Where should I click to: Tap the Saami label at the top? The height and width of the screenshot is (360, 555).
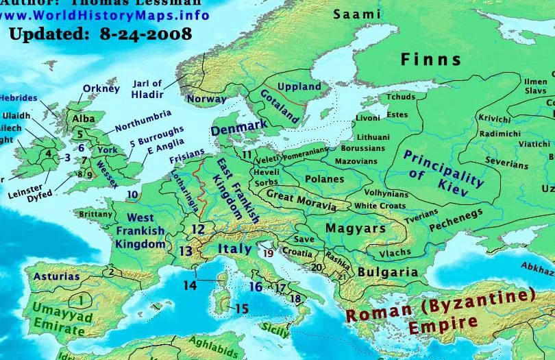click(357, 14)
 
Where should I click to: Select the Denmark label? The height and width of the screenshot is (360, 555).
click(238, 128)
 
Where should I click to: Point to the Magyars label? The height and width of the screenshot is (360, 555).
click(356, 228)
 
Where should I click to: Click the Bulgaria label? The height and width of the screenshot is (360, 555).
click(388, 272)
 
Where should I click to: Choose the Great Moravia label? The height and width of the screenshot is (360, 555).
click(301, 200)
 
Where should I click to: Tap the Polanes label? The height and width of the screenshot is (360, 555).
click(324, 179)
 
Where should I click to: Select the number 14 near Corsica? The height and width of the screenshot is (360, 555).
click(189, 285)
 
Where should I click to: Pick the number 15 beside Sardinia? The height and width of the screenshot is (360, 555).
click(241, 309)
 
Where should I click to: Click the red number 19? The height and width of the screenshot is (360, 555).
click(268, 253)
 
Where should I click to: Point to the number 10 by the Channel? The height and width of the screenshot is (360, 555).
click(132, 195)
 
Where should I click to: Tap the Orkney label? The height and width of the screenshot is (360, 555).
click(101, 88)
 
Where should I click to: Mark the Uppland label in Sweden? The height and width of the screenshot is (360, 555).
click(299, 87)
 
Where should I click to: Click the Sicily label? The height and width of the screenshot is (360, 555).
click(275, 330)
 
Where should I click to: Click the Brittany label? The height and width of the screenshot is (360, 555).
click(96, 214)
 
